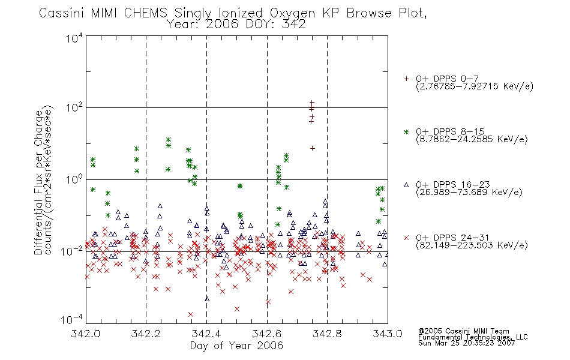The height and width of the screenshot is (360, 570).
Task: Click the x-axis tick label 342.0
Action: (85, 334)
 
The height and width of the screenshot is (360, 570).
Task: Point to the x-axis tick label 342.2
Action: (146, 334)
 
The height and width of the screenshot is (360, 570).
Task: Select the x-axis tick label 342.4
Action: (206, 334)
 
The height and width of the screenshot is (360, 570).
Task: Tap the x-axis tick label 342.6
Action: (267, 334)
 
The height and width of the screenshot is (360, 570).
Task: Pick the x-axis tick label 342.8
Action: (327, 334)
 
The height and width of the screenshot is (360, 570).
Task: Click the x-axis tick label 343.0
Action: (388, 334)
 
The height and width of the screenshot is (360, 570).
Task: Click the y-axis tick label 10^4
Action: (74, 38)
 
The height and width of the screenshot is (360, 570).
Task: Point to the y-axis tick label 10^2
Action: (74, 107)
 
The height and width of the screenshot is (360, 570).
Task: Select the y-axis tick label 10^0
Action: (74, 179)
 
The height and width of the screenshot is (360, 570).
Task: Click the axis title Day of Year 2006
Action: (236, 346)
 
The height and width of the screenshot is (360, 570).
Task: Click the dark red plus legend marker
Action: (406, 79)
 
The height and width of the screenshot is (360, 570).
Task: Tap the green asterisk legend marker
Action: (406, 132)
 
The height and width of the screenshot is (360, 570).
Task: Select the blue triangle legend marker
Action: (406, 185)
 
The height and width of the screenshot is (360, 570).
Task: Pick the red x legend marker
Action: (406, 238)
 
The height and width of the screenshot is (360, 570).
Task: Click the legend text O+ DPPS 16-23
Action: (453, 184)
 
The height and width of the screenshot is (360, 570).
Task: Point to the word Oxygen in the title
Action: (293, 13)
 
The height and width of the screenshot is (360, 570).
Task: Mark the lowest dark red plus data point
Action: (312, 148)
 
